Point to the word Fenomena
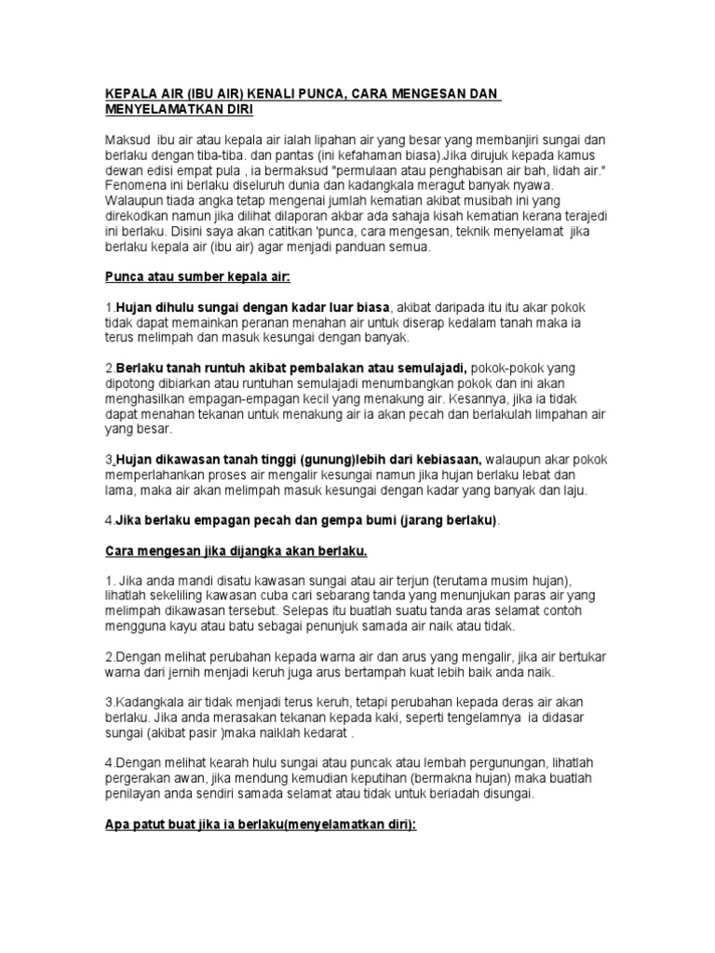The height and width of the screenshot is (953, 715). click(x=136, y=184)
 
